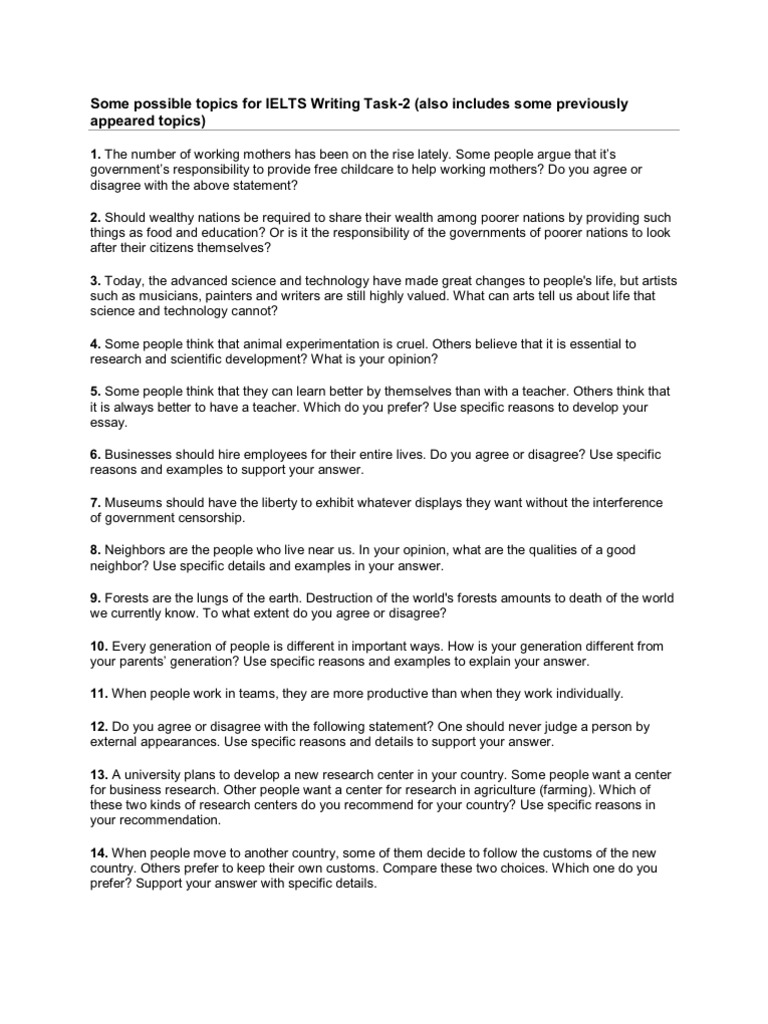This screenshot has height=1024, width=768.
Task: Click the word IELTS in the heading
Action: [288, 103]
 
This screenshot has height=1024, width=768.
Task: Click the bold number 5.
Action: [96, 390]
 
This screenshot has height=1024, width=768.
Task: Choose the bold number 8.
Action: [96, 549]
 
